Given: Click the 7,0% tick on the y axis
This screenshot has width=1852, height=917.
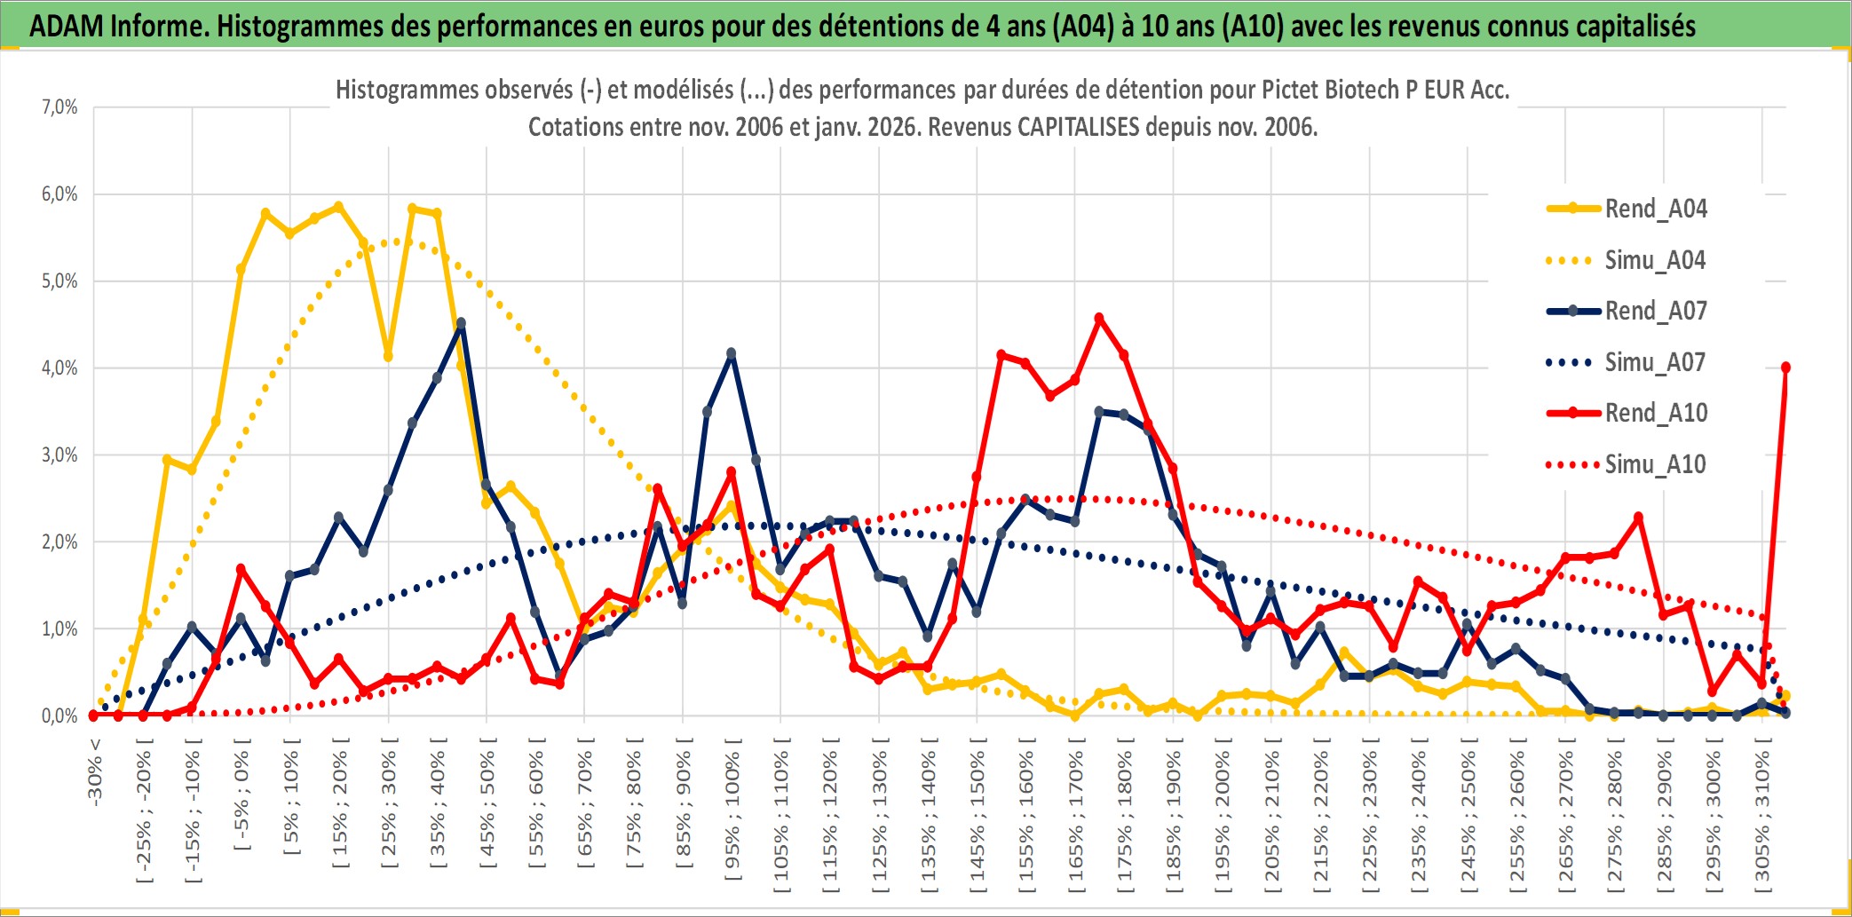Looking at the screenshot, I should (59, 107).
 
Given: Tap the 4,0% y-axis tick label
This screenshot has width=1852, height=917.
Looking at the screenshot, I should (59, 368).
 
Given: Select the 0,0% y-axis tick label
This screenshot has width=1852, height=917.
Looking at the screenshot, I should (59, 715).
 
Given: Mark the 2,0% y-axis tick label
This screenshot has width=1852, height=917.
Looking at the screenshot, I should (59, 542).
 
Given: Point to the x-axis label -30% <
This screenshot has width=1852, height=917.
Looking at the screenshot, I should (95, 772).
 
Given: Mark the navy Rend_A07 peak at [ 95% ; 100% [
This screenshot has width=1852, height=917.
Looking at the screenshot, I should (732, 353).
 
